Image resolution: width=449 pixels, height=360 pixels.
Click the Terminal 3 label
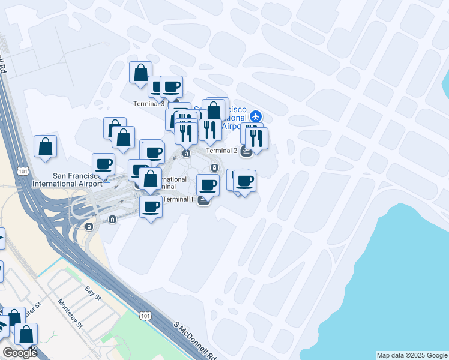pos(149,104)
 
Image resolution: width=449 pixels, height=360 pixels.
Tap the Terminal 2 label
pos(221,151)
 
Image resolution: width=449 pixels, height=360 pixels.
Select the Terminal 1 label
pos(178,199)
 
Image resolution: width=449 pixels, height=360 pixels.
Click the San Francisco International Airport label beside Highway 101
pos(68,180)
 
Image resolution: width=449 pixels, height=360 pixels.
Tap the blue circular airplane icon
pos(257,115)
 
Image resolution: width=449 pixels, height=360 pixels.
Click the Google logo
pos(20,353)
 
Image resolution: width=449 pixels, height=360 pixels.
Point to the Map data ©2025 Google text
pos(412,355)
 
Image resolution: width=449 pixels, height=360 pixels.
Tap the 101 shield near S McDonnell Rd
pos(145,314)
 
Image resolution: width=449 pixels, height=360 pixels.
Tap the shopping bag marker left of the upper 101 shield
pos(46,146)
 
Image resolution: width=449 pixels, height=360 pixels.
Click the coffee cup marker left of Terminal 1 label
pos(151,208)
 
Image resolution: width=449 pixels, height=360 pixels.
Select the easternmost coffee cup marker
pos(244,181)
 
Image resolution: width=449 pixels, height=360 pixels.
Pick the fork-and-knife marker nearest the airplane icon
pos(257,138)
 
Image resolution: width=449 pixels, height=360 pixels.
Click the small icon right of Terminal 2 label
pos(246,152)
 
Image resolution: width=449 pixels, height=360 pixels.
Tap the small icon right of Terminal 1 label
pos(203,200)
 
